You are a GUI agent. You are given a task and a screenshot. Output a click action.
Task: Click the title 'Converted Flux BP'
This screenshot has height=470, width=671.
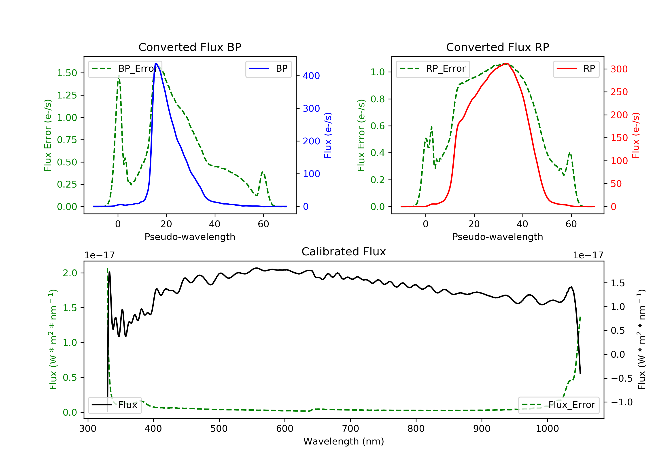click(x=190, y=47)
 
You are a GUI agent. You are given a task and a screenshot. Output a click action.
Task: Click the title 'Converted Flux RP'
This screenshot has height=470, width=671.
click(x=497, y=47)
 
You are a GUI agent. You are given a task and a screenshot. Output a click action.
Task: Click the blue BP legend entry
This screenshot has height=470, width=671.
click(x=268, y=69)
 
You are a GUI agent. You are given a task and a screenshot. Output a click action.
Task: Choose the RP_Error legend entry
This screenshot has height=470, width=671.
click(x=433, y=69)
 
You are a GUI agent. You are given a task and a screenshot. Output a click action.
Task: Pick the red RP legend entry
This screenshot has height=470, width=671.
click(x=576, y=69)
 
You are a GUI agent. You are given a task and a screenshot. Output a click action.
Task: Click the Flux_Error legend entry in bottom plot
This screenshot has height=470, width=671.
click(x=558, y=405)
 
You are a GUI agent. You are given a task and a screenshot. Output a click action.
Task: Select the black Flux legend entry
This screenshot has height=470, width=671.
click(x=115, y=405)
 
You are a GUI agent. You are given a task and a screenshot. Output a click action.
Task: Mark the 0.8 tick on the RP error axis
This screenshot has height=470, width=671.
click(x=378, y=99)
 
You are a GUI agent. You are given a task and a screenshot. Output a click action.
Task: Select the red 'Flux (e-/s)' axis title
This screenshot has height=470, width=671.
click(x=635, y=135)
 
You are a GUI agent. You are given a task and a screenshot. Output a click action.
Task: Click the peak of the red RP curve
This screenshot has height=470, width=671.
click(x=506, y=64)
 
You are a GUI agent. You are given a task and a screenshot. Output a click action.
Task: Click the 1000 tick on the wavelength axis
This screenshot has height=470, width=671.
click(x=547, y=429)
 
